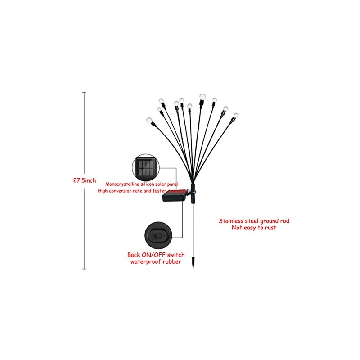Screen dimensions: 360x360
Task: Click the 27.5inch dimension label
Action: tap(85, 180)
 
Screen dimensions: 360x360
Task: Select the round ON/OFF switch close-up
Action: tap(158, 235)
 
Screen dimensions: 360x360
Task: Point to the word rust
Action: tap(270, 228)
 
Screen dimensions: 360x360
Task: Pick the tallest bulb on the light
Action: tap(202, 96)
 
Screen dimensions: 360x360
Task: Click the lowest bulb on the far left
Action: tap(149, 121)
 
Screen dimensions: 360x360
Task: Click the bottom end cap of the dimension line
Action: tap(84, 269)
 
